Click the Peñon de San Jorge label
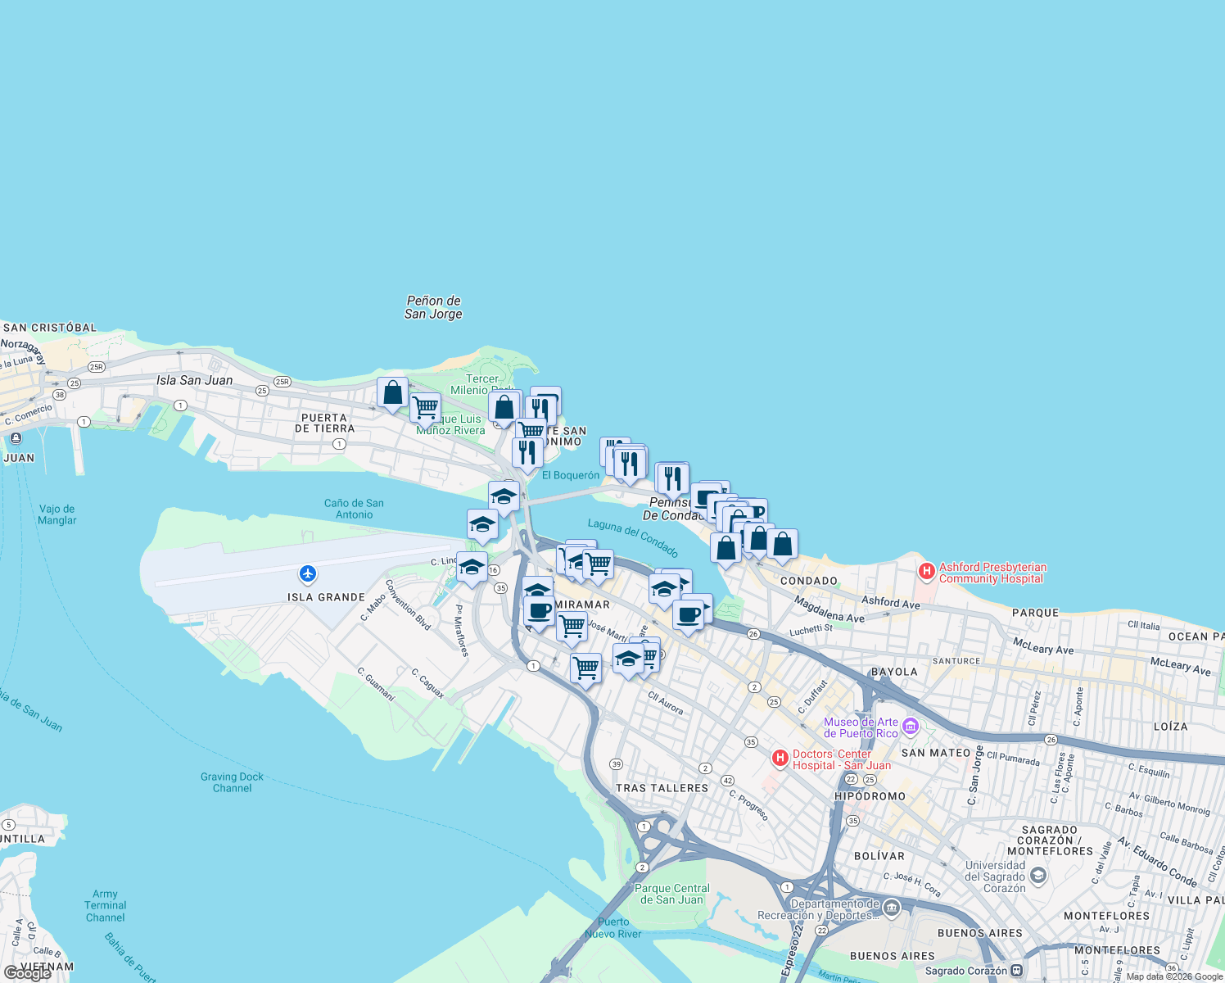(x=433, y=307)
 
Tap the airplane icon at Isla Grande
(x=308, y=573)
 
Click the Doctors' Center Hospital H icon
(x=780, y=759)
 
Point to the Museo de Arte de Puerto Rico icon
(x=911, y=727)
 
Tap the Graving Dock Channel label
(x=232, y=782)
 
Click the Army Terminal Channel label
(x=105, y=905)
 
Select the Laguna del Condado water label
(x=633, y=538)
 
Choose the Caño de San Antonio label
(x=354, y=509)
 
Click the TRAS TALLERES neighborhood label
(x=662, y=788)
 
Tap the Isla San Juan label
(x=194, y=380)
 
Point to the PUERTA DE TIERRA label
(x=324, y=423)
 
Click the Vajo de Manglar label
(x=57, y=514)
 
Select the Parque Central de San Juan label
(x=671, y=894)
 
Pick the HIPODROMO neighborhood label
(x=870, y=796)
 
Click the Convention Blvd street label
(x=408, y=605)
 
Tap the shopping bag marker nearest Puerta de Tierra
(x=392, y=393)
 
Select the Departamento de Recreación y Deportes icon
(x=892, y=908)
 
